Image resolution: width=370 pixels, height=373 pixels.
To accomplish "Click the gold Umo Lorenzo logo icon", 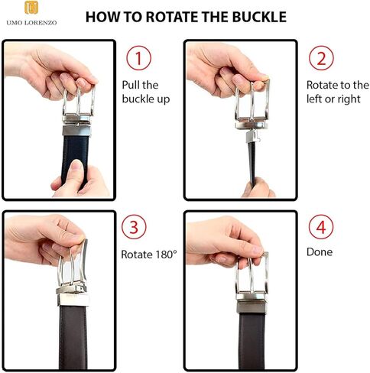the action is point(31,8).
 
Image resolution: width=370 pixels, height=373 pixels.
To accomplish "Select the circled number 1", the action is point(138,58).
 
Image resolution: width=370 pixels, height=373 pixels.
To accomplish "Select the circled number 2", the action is point(321,58).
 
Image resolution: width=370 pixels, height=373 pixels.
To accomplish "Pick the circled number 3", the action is point(134,227).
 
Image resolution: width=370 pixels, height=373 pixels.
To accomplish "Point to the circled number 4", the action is point(321,227).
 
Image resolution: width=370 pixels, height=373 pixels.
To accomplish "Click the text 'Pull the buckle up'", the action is point(146,92).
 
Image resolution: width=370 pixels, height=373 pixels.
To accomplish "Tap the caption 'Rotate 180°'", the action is point(149,255).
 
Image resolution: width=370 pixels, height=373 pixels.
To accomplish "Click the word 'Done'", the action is point(320,252).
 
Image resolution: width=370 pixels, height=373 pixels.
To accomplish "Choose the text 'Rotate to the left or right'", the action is point(338,92).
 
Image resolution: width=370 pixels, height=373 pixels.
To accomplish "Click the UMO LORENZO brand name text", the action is point(31,23).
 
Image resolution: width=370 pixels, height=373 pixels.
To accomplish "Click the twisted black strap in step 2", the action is point(252,163).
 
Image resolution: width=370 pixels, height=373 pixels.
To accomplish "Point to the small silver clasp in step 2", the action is point(252,136).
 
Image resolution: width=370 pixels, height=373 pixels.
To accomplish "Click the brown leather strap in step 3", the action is point(73,336).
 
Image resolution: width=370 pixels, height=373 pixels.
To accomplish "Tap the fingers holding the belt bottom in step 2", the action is point(258,187).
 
